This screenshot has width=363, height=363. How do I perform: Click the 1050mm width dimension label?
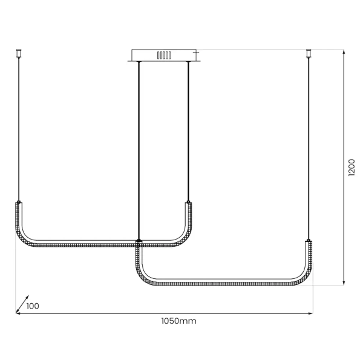pyautogui.click(x=178, y=321)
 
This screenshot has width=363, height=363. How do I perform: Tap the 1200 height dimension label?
pyautogui.click(x=352, y=168)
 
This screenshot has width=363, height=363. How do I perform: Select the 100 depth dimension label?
pyautogui.click(x=33, y=306)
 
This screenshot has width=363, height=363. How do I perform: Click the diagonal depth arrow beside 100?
pyautogui.click(x=22, y=304)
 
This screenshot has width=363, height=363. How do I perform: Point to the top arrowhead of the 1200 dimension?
pyautogui.click(x=344, y=52)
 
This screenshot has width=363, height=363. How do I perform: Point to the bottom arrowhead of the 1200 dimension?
pyautogui.click(x=344, y=283)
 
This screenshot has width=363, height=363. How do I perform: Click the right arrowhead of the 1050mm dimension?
pyautogui.click(x=310, y=313)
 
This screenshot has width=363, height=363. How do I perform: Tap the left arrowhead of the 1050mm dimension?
pyautogui.click(x=19, y=313)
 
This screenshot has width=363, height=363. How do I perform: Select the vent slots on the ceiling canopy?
pyautogui.click(x=164, y=56)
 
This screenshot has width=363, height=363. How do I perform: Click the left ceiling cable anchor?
pyautogui.click(x=19, y=53)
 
